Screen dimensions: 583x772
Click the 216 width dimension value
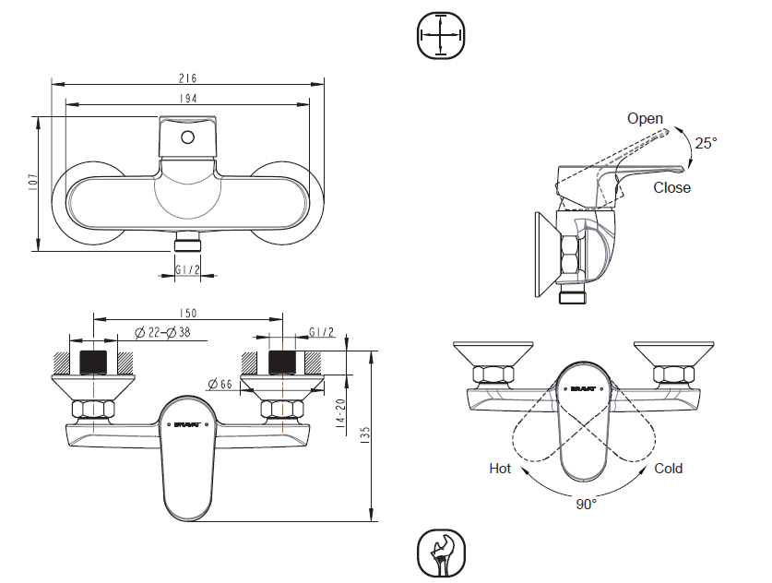pos(189,78)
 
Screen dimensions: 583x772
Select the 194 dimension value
pos(189,98)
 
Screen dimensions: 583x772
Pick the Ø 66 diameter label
pos(220,383)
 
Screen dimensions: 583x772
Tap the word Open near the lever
pos(645,118)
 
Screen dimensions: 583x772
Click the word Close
pos(671,187)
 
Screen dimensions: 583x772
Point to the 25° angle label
pos(706,143)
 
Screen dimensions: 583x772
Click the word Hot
pos(500,469)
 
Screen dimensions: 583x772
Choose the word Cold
pos(669,469)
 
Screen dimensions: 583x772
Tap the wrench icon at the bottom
pos(442,553)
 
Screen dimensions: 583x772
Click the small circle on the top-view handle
pos(187,138)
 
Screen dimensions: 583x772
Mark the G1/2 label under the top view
pos(187,270)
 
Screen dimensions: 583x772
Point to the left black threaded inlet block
pos(95,361)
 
